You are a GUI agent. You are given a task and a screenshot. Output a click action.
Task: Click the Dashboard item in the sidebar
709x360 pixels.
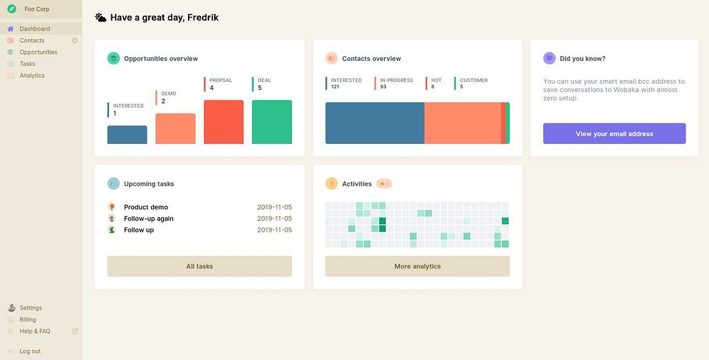34,29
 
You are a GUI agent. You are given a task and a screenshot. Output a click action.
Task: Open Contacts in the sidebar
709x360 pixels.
32,40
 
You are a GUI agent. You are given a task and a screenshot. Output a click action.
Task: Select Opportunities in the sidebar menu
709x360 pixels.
38,52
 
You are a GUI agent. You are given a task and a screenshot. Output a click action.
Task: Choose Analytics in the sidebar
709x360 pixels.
32,75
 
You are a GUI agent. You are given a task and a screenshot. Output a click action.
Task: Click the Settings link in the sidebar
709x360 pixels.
30,308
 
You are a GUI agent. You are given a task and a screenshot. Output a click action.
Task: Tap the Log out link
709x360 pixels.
30,351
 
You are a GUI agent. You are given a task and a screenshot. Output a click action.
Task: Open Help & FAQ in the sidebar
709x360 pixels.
35,331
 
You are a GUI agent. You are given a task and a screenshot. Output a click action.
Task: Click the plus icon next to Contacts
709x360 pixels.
75,40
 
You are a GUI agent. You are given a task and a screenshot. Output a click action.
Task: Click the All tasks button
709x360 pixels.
199,266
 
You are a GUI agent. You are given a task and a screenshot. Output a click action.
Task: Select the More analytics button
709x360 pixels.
417,266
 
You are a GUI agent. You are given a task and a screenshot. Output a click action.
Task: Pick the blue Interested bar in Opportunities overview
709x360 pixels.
127,135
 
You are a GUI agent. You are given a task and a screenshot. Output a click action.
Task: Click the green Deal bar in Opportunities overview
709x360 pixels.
272,122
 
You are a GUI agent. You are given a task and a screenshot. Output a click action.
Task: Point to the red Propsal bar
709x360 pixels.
223,122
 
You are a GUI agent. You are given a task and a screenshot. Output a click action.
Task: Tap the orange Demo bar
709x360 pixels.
175,129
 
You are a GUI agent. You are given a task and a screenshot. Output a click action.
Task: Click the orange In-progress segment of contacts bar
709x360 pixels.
462,123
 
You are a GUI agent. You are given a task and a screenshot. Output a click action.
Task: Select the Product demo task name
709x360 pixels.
146,208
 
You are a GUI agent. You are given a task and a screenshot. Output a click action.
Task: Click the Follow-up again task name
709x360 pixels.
149,219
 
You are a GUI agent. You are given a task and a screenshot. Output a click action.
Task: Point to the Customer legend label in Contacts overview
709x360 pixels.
474,80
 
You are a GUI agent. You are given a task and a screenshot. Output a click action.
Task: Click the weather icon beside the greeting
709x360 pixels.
101,17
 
